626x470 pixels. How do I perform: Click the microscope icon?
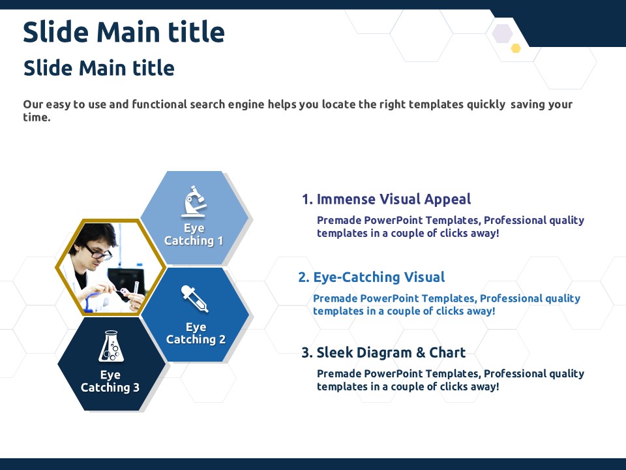coord(194,201)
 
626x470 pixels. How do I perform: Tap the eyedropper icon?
coord(194,298)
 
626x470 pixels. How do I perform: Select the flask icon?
coord(111,346)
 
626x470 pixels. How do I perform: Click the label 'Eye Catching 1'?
coord(194,234)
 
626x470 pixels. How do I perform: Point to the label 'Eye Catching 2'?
coord(196,333)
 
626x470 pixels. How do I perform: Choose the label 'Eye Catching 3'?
coord(110,381)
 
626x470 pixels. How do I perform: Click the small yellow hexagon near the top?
coord(516,48)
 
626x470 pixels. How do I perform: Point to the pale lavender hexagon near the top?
coord(502,33)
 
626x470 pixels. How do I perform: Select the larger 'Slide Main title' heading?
coord(124,32)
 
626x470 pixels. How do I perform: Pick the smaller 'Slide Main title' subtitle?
coord(99,68)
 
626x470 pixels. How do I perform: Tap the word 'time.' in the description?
coord(37,117)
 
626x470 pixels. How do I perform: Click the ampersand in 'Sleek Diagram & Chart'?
coord(421,352)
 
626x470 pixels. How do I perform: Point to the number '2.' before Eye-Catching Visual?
coord(304,277)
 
